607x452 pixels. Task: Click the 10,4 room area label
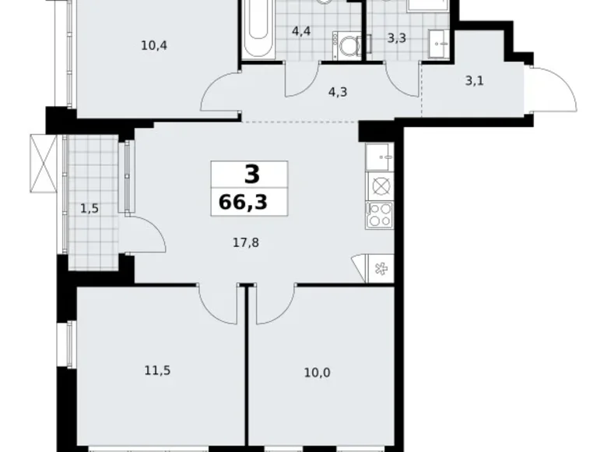coord(154,45)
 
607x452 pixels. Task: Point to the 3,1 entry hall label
coord(473,79)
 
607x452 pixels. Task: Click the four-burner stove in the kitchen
coord(381,213)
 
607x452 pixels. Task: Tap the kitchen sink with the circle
coord(381,185)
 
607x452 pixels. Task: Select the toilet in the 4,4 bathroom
coord(346,45)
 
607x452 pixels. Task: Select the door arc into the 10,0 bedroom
coord(275,304)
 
